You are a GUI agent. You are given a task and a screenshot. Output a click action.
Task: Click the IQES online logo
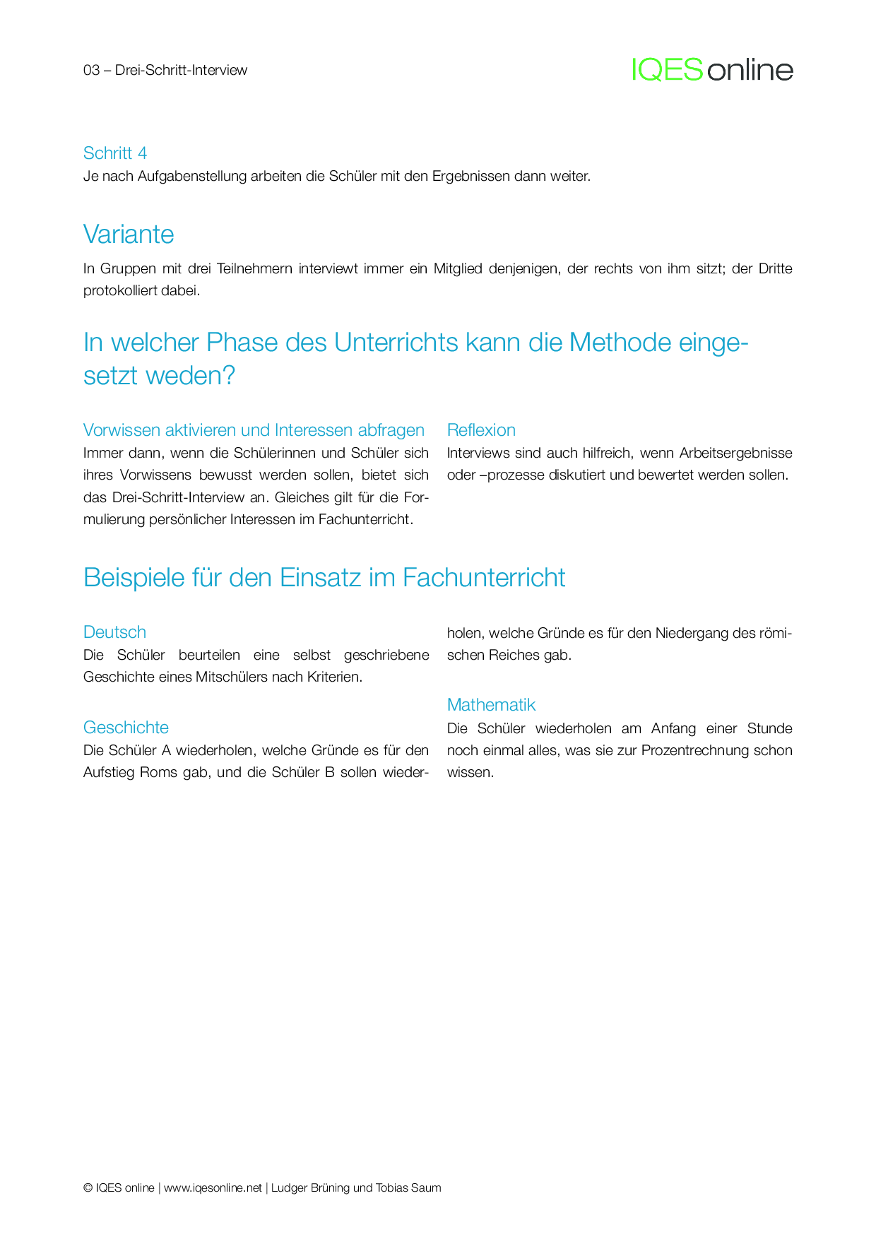tap(712, 70)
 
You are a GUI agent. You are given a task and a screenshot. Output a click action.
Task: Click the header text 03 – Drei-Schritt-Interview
tap(165, 70)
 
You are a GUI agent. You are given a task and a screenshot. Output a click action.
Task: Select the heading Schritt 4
tap(115, 153)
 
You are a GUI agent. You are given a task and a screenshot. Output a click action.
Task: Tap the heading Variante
tap(129, 235)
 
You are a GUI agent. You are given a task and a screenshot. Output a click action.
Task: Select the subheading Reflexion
tap(481, 430)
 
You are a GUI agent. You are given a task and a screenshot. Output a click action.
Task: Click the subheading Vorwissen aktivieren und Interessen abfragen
tap(254, 430)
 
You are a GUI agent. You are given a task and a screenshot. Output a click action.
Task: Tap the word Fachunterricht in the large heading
tap(484, 578)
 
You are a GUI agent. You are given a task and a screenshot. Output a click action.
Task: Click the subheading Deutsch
tap(114, 632)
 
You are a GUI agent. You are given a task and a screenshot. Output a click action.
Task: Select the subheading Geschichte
tap(126, 728)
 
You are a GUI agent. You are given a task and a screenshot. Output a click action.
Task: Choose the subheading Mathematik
tap(491, 705)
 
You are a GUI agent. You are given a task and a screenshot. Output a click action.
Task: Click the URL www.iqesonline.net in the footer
tap(213, 1188)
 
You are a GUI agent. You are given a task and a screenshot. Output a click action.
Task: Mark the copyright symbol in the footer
tap(88, 1188)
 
